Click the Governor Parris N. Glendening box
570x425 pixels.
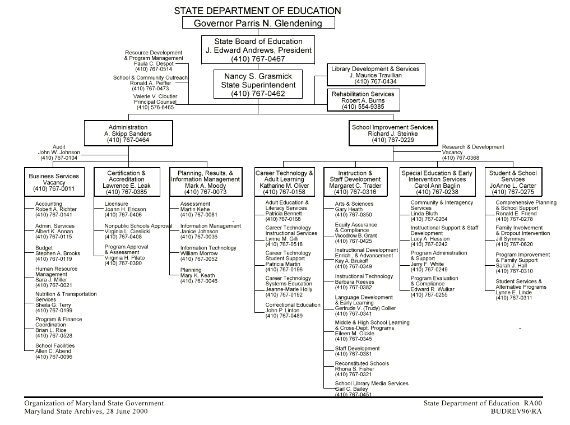pos(258,23)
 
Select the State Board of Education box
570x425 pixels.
pos(258,50)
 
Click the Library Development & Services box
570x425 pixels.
pos(375,75)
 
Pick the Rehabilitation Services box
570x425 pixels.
pos(363,100)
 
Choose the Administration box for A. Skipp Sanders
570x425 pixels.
pos(128,134)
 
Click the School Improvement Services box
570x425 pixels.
pos(392,134)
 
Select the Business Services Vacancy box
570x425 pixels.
pos(54,182)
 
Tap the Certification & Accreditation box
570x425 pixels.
pos(126,182)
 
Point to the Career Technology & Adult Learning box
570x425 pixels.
pos(284,182)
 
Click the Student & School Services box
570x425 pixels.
pos(512,182)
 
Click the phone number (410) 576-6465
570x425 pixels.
pos(155,108)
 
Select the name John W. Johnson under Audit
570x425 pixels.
pos(59,153)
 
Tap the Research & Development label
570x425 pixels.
pos(473,147)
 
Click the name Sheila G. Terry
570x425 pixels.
pos(53,305)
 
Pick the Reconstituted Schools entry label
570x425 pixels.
pos(362,363)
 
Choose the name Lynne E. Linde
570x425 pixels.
pos(513,293)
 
